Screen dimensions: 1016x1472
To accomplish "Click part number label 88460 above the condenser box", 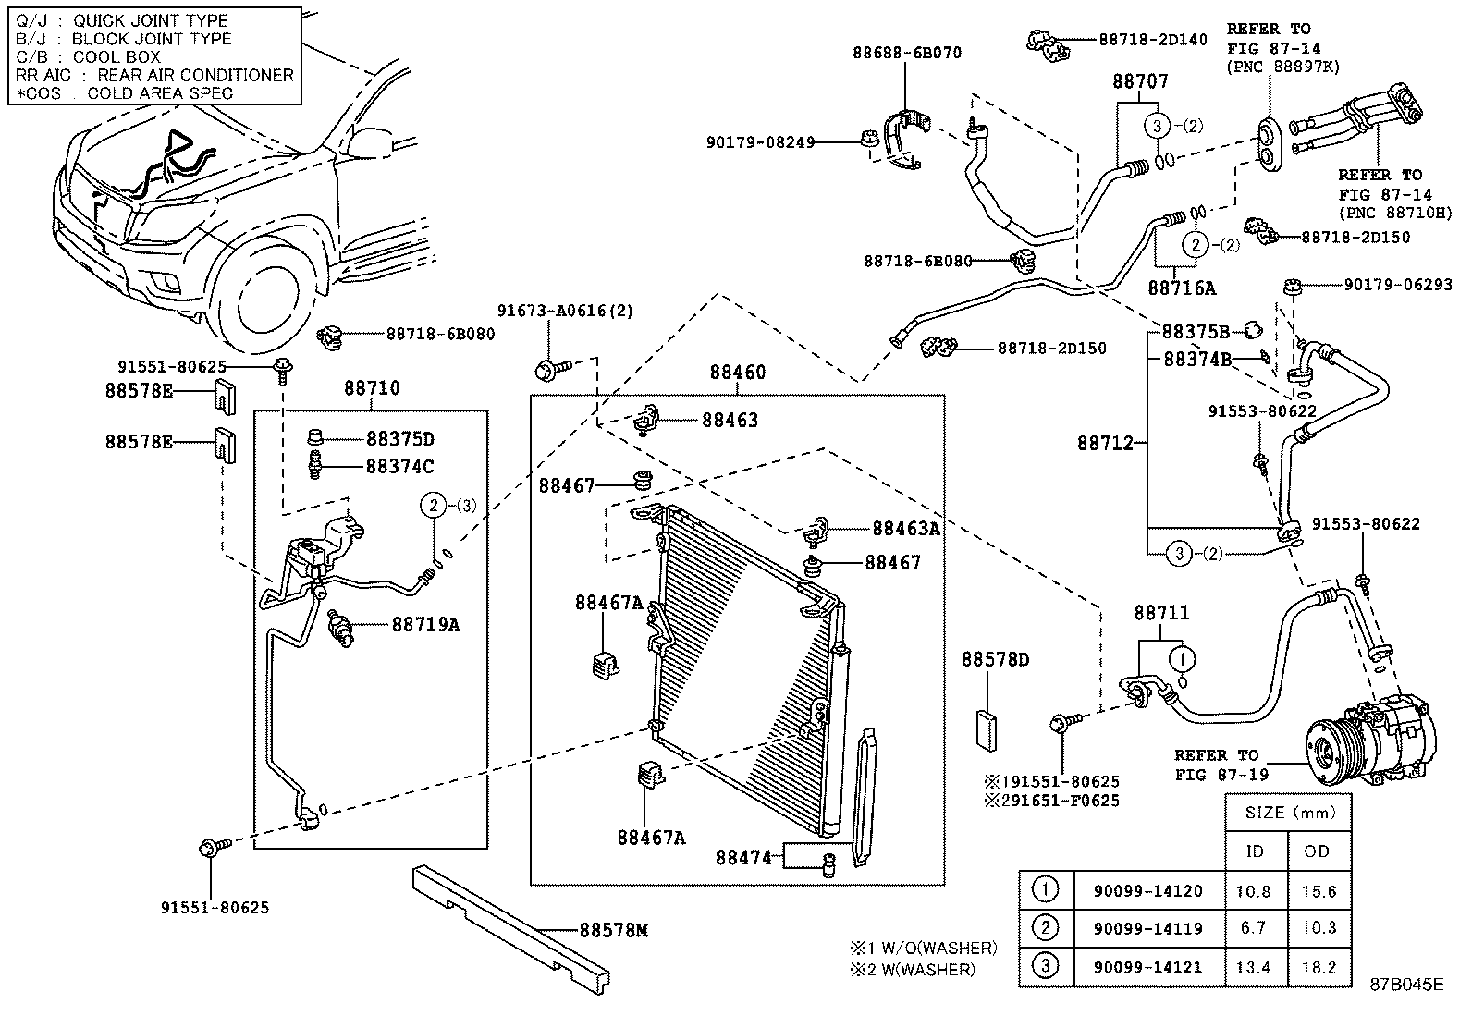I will coord(737,373).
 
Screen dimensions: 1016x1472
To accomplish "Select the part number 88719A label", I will coord(425,624).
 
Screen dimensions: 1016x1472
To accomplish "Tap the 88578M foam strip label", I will coord(613,929).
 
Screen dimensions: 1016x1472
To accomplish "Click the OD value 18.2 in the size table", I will coord(1317,967).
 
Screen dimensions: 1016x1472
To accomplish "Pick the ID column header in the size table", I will coord(1254,851).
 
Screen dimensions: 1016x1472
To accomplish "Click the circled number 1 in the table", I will coord(1045,890).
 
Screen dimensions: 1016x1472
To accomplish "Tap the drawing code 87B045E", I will coord(1406,985).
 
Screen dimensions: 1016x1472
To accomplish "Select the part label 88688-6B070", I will coord(906,53).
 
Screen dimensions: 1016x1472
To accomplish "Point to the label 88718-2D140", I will coord(1152,39).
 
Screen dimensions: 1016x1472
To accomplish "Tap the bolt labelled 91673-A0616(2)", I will coord(547,371).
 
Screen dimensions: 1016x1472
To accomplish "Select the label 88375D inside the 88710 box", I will coord(399,438).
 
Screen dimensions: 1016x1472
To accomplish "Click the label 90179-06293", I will coord(1397,285).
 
